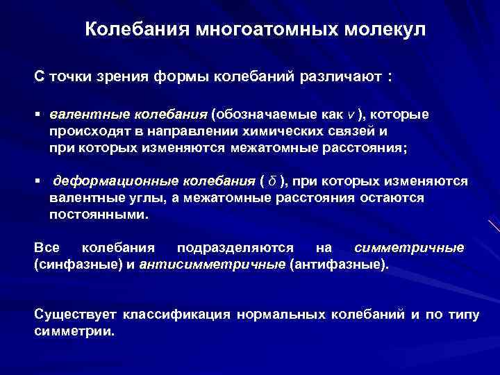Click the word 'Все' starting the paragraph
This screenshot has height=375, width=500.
click(x=46, y=248)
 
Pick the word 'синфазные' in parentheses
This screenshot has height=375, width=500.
click(x=69, y=264)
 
